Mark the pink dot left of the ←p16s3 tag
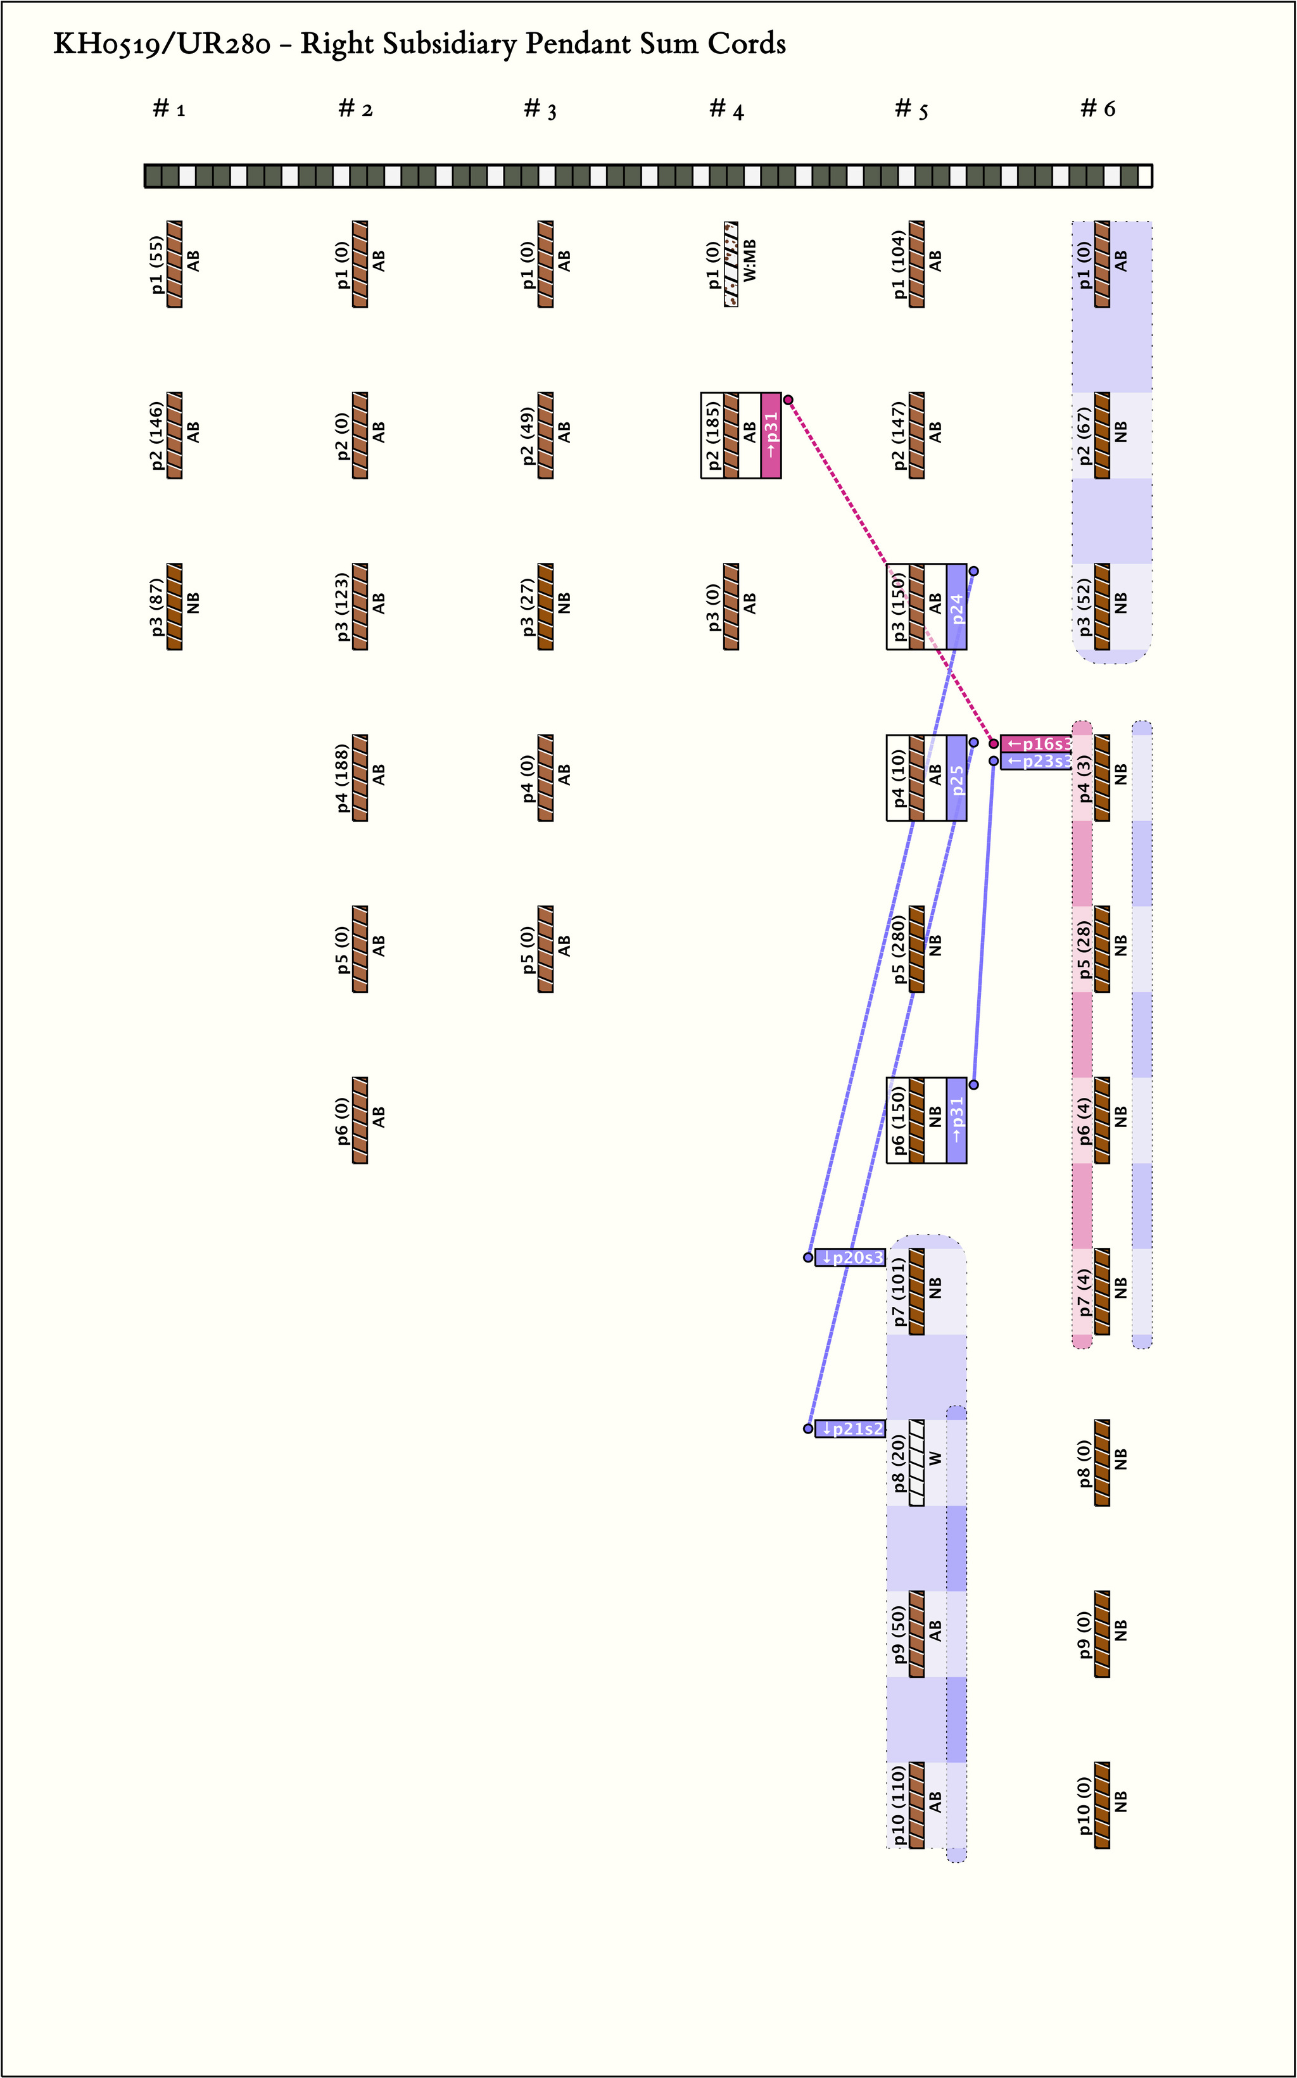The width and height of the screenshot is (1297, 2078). tap(994, 743)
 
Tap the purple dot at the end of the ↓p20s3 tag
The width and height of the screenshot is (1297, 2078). tap(808, 1257)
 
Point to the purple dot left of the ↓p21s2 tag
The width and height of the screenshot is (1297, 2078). tap(808, 1429)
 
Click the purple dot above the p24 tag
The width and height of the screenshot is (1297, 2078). tap(973, 571)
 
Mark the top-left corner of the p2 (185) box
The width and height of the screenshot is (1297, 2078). tap(702, 393)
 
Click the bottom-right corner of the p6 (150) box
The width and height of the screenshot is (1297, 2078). tap(967, 1163)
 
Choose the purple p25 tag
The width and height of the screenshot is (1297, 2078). tap(956, 778)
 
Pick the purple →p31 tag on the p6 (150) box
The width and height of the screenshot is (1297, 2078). tap(956, 1120)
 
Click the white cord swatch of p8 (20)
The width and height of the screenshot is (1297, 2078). tap(917, 1463)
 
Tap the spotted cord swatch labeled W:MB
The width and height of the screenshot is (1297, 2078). tap(731, 264)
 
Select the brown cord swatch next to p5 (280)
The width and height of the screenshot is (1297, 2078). tap(917, 949)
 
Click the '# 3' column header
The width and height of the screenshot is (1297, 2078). tap(540, 109)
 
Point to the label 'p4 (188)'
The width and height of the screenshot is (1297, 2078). tap(343, 778)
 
